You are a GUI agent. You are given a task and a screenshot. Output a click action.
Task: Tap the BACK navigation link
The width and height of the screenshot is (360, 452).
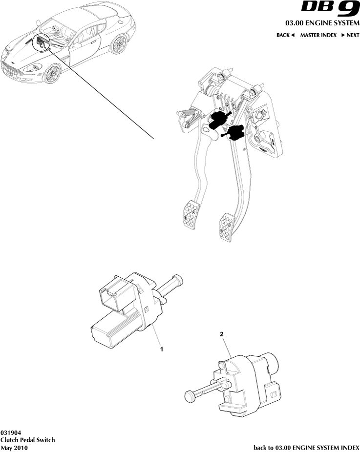pos(286,36)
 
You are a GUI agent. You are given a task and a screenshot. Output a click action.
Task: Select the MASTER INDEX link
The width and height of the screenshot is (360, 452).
pos(318,36)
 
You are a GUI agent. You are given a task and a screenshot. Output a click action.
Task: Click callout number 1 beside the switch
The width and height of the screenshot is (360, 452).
pos(161,349)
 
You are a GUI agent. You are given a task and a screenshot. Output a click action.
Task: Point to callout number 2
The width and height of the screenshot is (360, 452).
pos(222,334)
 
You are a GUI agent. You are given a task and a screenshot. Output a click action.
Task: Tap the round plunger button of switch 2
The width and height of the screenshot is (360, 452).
pos(190,395)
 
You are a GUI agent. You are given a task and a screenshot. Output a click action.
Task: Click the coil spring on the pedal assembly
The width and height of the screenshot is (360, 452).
pos(192,118)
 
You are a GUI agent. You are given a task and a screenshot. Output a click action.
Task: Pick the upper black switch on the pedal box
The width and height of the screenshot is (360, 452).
pos(218,119)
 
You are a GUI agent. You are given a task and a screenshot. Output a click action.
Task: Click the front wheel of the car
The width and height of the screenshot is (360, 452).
pos(52,75)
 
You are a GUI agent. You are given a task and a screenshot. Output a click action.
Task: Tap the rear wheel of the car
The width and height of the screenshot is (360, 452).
pos(118,45)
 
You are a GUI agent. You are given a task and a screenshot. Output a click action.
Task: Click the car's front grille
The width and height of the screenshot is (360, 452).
pos(14,68)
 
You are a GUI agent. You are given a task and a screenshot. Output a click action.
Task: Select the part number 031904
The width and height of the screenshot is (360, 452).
pos(10,433)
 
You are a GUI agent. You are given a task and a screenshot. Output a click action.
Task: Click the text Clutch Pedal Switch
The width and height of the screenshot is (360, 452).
pos(28,440)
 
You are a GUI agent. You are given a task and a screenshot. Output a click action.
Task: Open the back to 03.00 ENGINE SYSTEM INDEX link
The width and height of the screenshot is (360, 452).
pos(307,447)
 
